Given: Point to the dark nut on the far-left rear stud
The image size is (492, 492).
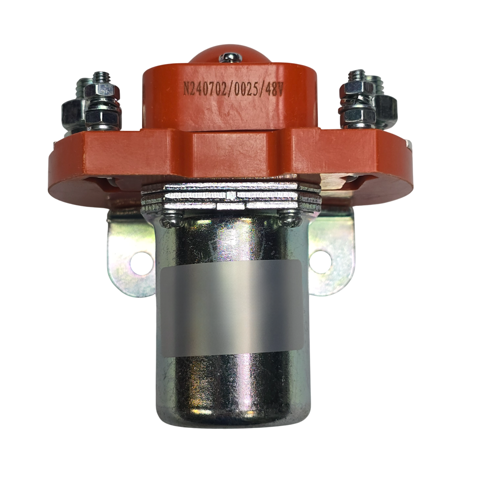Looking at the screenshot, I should (70, 111).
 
